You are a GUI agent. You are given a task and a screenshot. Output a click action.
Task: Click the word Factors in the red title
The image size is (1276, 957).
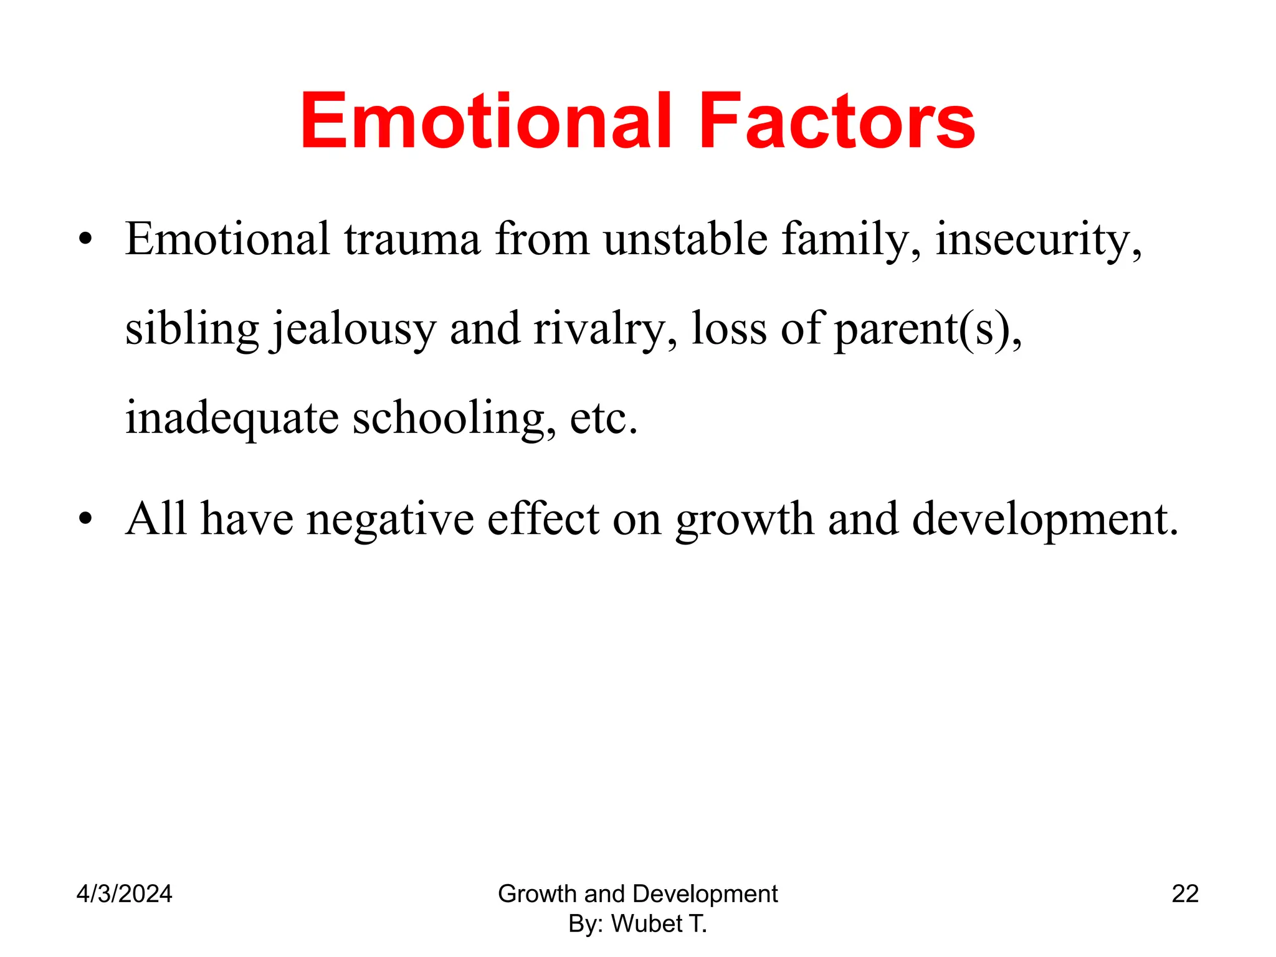tap(836, 121)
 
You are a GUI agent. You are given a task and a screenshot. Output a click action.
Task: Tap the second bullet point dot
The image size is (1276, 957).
tap(85, 518)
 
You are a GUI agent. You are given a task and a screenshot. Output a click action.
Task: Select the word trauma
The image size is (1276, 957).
tap(412, 240)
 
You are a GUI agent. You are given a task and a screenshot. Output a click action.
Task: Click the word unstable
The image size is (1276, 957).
tap(685, 240)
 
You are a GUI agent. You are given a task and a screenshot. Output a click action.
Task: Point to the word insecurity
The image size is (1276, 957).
tap(1037, 240)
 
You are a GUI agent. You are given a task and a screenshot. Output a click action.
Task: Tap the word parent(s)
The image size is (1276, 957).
tap(926, 329)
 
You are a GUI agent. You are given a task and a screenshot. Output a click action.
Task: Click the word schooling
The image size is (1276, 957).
tap(454, 419)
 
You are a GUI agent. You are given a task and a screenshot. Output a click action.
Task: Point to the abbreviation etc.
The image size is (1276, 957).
tap(603, 419)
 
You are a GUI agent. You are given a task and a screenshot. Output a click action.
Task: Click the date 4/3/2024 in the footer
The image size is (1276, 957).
tap(124, 893)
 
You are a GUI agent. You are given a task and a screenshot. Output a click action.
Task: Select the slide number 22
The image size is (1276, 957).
tap(1185, 893)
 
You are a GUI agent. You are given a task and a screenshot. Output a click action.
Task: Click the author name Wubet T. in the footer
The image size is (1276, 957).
tap(659, 923)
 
